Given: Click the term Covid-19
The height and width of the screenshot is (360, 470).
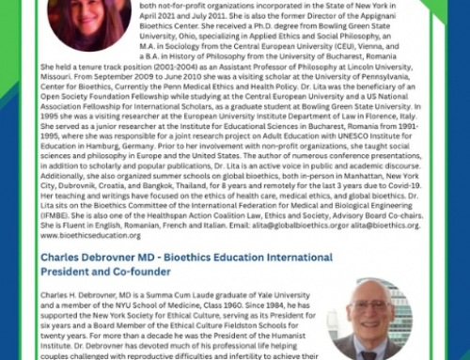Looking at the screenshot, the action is pos(396,196).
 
